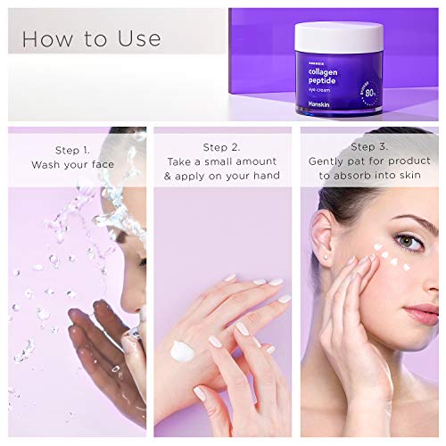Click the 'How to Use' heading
point(91,38)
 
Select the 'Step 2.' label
point(222,147)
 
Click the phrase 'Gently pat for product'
point(368,162)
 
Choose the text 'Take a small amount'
point(222,162)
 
